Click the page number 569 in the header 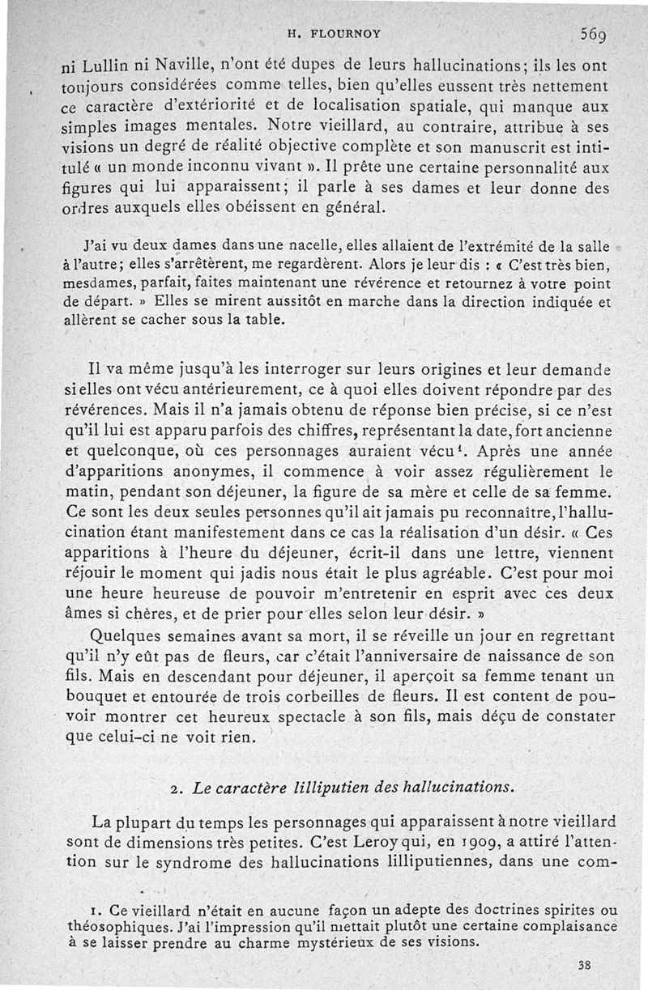pyautogui.click(x=596, y=34)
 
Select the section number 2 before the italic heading pyautogui.click(x=176, y=787)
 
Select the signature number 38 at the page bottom pyautogui.click(x=586, y=964)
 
